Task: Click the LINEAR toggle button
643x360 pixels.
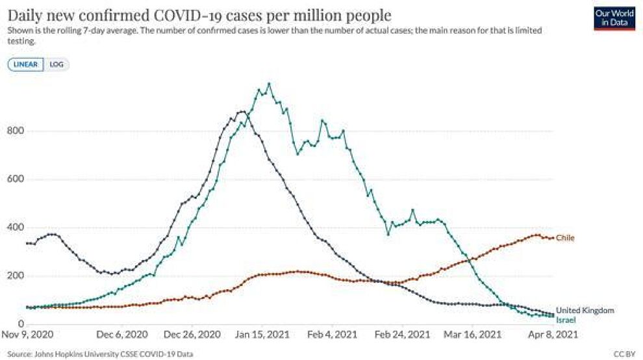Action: coord(25,64)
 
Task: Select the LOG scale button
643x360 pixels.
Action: coord(56,64)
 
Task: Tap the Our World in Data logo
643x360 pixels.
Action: coord(614,18)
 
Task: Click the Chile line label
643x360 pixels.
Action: coord(565,238)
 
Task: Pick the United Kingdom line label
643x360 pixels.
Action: coord(585,311)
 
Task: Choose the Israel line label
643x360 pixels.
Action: coord(566,320)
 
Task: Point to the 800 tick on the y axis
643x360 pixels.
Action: coord(16,131)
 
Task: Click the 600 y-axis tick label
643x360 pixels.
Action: coord(16,179)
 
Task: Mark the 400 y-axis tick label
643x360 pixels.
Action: coord(16,227)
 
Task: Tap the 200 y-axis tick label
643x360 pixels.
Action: coord(16,276)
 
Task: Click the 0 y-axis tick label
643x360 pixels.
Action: coord(21,324)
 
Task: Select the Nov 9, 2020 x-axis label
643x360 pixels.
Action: coord(27,335)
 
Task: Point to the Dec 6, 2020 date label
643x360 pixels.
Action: coord(122,335)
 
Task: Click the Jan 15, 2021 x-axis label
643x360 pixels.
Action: coord(262,335)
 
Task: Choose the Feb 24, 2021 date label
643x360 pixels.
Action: coord(402,335)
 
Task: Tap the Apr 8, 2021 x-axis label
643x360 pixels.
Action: coord(553,335)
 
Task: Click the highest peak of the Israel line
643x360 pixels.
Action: coord(269,83)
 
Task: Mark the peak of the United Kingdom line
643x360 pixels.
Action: coord(242,111)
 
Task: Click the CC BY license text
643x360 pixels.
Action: coord(625,354)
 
